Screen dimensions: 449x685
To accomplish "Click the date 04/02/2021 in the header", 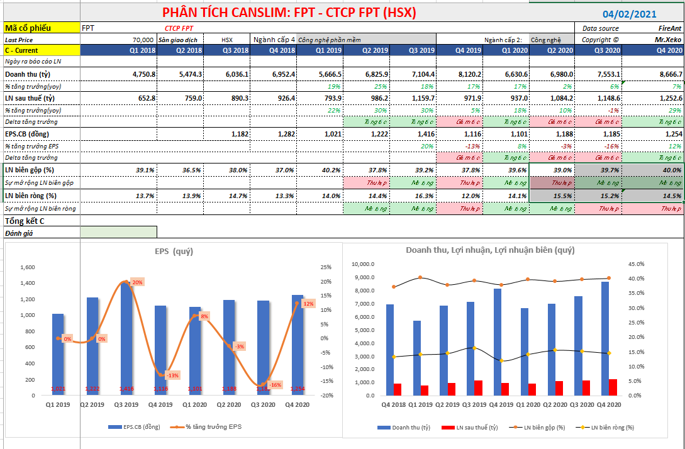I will tap(630, 14).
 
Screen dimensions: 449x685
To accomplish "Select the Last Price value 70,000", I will tap(144, 39).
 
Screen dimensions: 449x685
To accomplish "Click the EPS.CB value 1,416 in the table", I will tap(422, 134).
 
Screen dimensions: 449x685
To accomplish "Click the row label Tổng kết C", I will tap(25, 221).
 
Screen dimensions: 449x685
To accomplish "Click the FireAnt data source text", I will tap(666, 28).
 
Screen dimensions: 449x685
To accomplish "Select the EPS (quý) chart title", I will tap(174, 252).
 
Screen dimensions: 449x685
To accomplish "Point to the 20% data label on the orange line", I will tap(136, 282).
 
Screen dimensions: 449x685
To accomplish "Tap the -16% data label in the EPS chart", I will tap(274, 385).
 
